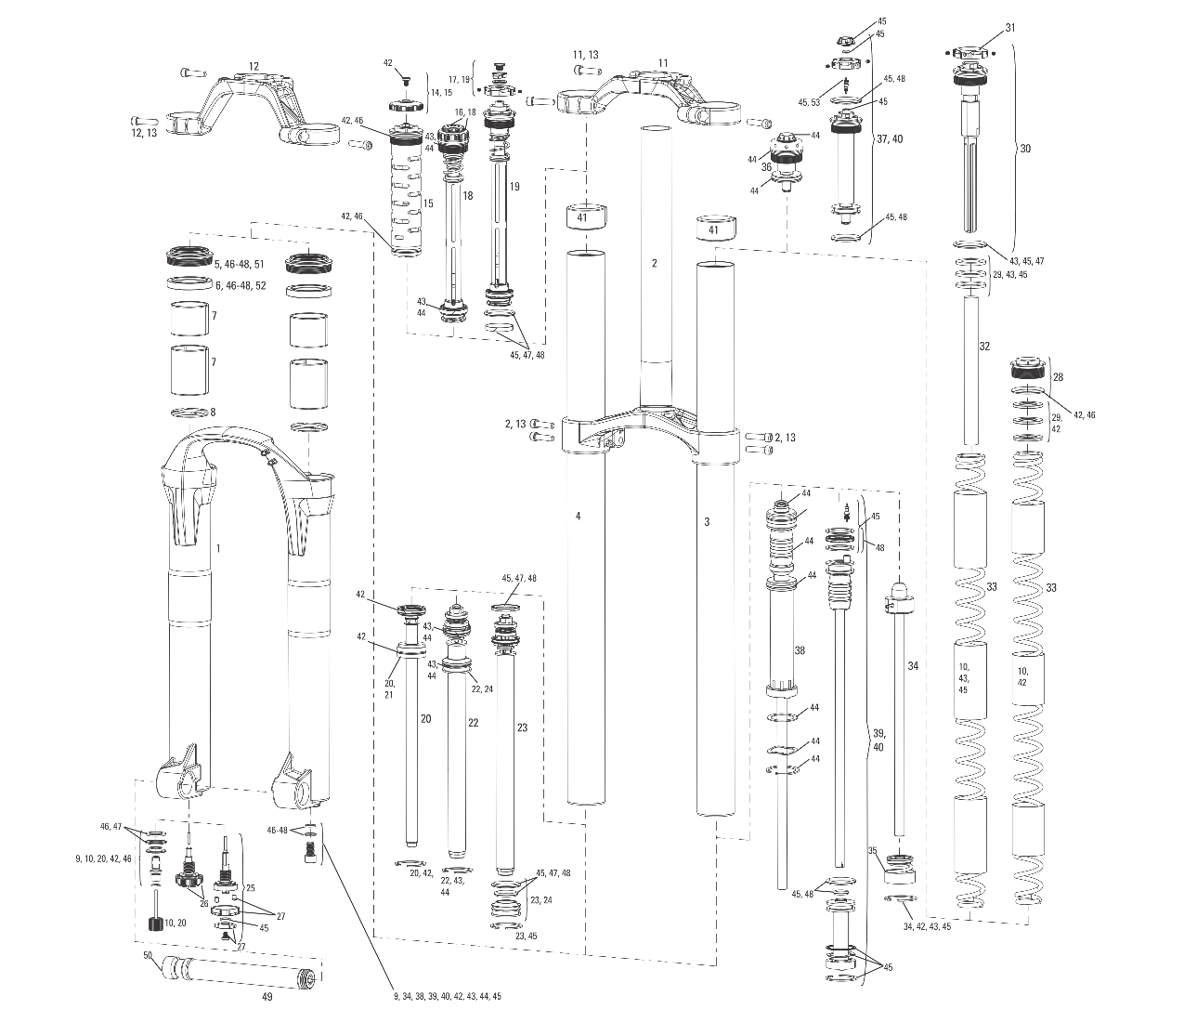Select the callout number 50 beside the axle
[148, 955]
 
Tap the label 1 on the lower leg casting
[218, 549]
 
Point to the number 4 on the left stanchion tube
[578, 515]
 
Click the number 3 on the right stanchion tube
[707, 522]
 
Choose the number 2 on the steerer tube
[654, 263]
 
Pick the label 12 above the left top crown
[254, 66]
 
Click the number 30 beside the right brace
[1025, 149]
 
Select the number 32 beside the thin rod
[984, 346]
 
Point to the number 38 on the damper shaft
[799, 651]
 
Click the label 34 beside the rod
[913, 666]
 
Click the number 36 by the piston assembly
[767, 167]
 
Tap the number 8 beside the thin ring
[213, 412]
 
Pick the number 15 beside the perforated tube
[428, 203]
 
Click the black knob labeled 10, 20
[156, 924]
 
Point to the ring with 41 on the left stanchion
[584, 218]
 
